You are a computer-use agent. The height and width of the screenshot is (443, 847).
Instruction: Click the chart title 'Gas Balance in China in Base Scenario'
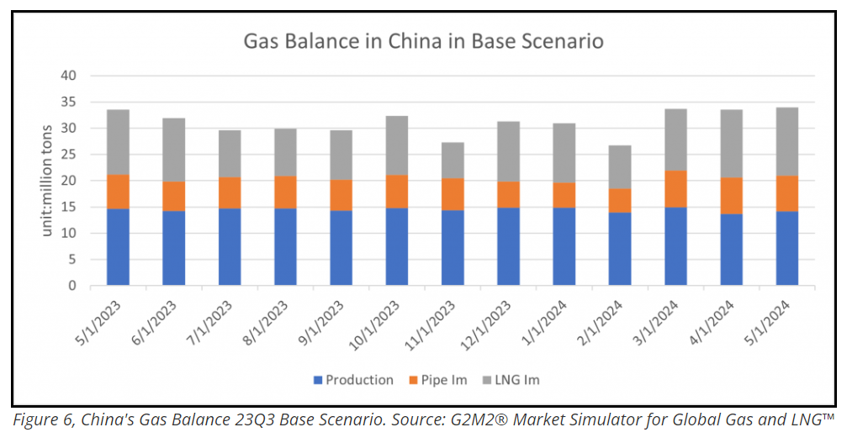(x=423, y=41)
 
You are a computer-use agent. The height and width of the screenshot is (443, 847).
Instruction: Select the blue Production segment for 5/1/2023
(x=119, y=247)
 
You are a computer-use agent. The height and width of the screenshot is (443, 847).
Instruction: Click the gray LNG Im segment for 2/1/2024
(x=620, y=166)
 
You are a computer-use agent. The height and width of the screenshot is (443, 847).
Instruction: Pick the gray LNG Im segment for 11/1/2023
(x=453, y=160)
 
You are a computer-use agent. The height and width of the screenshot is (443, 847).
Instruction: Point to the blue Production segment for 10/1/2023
(x=397, y=246)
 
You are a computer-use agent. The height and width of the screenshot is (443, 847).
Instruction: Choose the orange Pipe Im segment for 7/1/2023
(x=230, y=192)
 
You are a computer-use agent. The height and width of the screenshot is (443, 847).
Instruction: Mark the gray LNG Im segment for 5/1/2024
(x=786, y=141)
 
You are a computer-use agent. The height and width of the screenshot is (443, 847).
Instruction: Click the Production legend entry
(x=353, y=380)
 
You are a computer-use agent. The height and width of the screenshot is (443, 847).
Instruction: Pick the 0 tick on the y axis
(x=72, y=286)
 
